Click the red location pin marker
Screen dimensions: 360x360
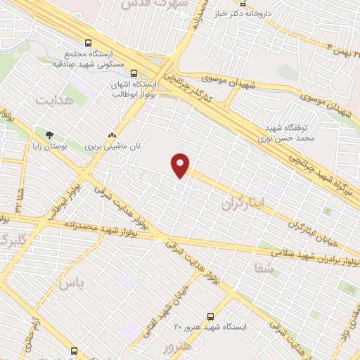[x=181, y=165]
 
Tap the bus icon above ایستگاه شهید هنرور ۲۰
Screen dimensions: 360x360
[x=210, y=316]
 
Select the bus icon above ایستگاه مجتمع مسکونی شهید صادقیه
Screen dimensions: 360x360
[x=86, y=43]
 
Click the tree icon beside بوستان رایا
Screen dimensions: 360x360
[x=49, y=134]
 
